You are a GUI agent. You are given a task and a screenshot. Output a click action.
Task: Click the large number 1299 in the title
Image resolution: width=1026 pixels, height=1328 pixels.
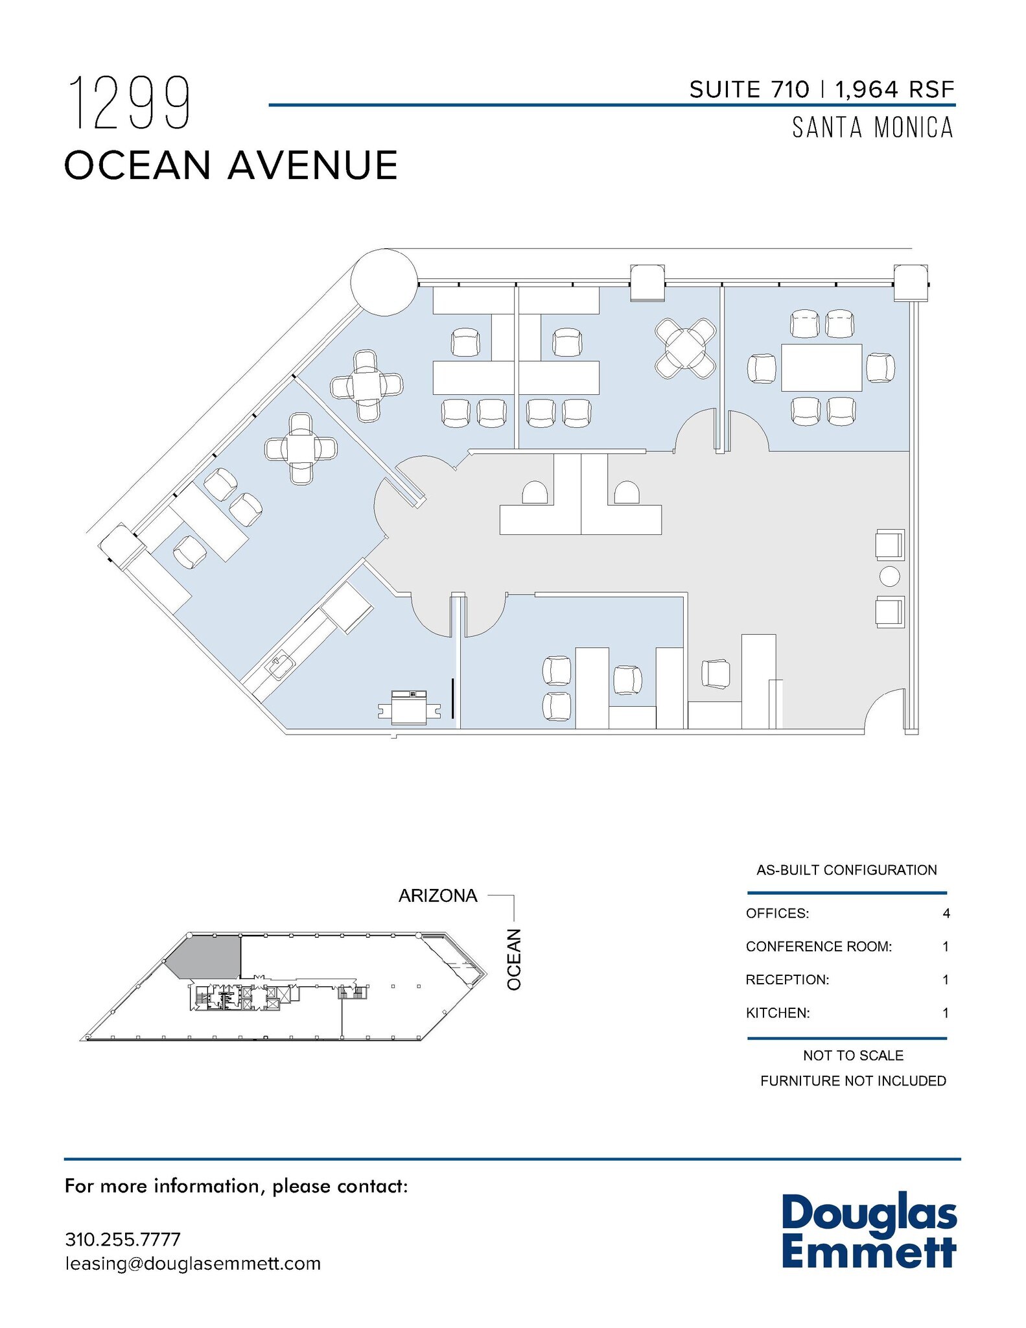point(130,104)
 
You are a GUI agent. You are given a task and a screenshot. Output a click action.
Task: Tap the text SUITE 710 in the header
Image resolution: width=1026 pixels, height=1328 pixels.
point(749,89)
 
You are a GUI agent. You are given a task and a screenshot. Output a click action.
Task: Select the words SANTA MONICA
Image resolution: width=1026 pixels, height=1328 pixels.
point(872,128)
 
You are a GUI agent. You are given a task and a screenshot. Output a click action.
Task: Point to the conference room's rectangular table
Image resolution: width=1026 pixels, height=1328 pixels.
point(821,368)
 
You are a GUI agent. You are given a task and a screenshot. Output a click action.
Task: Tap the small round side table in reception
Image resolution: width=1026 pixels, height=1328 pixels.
point(890,576)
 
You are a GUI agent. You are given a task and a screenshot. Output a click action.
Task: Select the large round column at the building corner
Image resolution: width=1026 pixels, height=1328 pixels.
point(384,282)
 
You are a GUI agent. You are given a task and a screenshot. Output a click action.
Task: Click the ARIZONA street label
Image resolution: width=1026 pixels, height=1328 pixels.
point(437,895)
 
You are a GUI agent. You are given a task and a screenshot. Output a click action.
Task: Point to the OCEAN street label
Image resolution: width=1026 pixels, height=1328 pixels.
point(514,959)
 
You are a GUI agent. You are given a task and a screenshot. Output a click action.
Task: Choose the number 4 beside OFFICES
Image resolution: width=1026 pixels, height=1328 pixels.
point(946,913)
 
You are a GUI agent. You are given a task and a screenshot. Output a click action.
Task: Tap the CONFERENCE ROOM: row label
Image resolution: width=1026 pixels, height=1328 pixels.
point(819,946)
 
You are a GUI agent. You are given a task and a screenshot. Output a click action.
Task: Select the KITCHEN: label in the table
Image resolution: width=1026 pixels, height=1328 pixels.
point(778,1012)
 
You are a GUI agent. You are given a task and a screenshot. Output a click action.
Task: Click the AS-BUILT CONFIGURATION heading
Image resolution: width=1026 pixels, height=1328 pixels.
point(846,870)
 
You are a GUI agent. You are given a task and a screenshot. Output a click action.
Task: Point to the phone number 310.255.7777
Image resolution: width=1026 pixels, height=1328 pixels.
point(122,1239)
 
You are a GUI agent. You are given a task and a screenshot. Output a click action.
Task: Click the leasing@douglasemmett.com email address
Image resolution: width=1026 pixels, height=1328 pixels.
point(192,1263)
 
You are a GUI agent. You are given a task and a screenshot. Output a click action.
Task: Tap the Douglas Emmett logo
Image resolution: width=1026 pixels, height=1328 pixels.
point(869,1232)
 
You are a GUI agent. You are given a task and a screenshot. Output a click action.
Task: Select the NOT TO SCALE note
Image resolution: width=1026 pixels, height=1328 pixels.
point(853,1055)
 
